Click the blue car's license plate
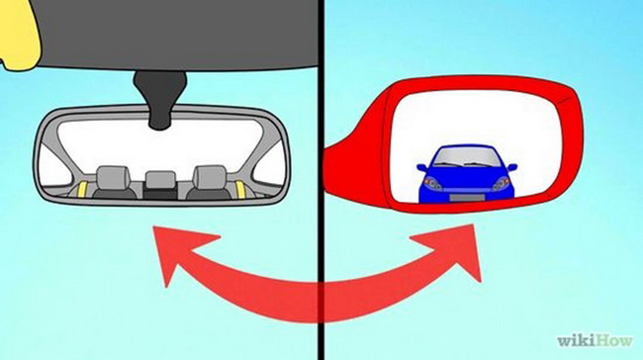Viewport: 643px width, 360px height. coord(467,198)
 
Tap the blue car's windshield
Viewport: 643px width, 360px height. coord(466,157)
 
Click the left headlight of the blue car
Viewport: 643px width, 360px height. coord(433,183)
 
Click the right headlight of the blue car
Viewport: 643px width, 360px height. coord(501,183)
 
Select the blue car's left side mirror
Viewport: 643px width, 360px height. coord(422,168)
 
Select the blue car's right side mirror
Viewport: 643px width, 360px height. coord(512,167)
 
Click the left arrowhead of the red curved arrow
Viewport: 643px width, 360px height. coord(180,250)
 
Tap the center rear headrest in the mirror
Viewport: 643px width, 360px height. coord(160,179)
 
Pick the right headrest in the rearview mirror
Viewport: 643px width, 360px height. coord(210,177)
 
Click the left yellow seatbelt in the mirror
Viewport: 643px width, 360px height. coord(83,189)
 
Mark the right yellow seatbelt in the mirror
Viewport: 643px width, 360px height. coord(240,188)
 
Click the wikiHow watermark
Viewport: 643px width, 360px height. coord(595,340)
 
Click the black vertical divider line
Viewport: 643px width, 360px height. coord(321,180)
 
